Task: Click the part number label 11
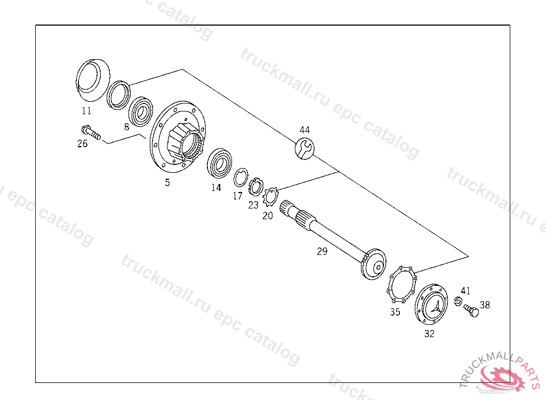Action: (x=86, y=111)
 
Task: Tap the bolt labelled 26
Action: (x=91, y=132)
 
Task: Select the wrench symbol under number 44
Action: (x=304, y=148)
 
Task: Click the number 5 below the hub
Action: (x=167, y=182)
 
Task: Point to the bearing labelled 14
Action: (x=219, y=163)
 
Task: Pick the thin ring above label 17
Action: (x=240, y=177)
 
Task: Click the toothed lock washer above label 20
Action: (x=270, y=196)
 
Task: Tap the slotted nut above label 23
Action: (x=256, y=187)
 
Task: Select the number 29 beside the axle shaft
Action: (x=322, y=251)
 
